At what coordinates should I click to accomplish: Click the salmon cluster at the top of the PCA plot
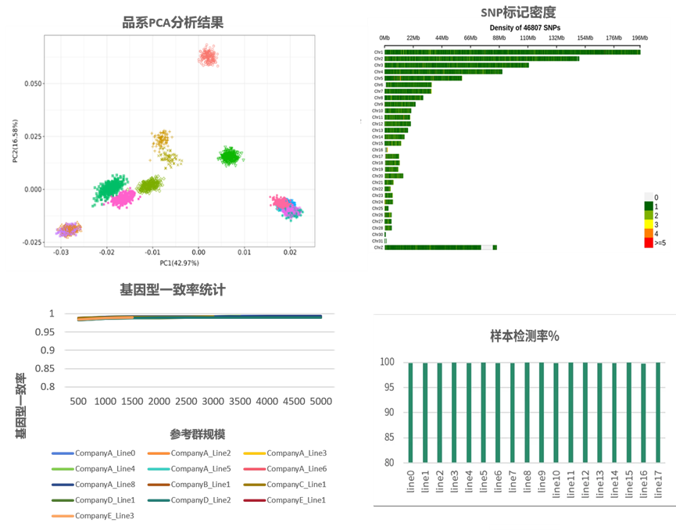208,56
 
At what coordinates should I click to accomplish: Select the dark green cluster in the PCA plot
229,156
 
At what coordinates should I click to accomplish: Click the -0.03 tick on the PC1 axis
61,252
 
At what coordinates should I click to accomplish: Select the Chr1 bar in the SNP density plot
512,52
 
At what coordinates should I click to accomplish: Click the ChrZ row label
377,247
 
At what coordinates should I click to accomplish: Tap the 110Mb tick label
528,38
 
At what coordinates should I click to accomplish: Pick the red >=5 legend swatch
648,243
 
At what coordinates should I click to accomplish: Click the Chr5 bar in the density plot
423,78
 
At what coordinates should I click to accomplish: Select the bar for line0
410,412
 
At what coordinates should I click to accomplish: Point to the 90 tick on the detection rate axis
388,412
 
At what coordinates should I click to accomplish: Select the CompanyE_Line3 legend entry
95,515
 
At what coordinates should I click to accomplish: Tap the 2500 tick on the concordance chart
184,401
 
